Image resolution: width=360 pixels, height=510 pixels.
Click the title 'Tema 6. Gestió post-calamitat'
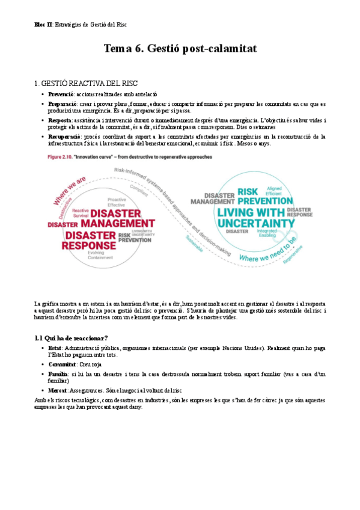(x=180, y=49)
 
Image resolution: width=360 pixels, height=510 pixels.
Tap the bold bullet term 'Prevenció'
(x=61, y=94)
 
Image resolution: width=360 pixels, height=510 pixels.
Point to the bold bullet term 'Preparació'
(x=62, y=104)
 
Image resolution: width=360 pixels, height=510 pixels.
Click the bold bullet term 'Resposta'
(x=60, y=120)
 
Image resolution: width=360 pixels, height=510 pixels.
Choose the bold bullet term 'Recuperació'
(x=64, y=137)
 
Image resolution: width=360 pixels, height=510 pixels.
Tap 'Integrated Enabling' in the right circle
(x=267, y=233)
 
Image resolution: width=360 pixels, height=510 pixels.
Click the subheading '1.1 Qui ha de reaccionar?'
(x=71, y=337)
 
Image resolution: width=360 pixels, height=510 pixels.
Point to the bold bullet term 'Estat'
(x=55, y=348)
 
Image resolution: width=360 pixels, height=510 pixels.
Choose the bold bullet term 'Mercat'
(x=58, y=390)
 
